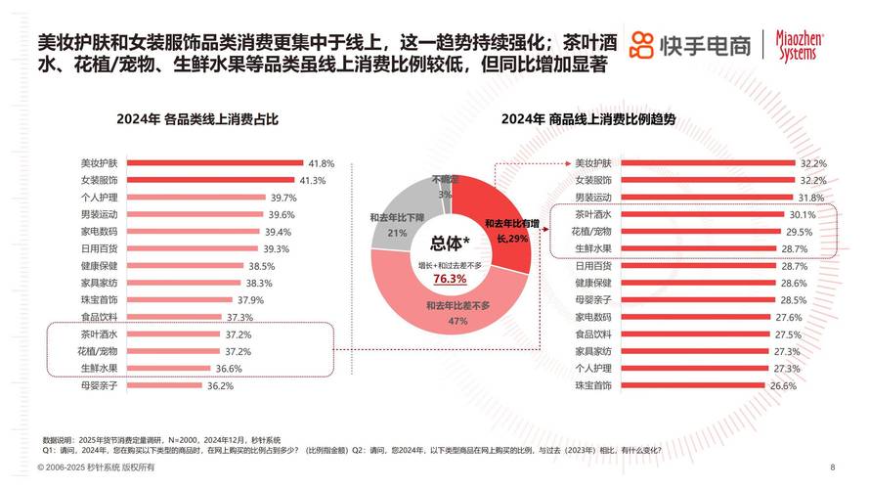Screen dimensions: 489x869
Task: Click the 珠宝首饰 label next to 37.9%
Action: pos(99,299)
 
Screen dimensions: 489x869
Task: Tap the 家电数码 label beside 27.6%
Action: pos(592,317)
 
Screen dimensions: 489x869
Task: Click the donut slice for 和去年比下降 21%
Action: pos(391,220)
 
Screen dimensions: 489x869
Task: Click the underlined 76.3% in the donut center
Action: pos(450,279)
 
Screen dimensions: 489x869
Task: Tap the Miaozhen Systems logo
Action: pos(801,44)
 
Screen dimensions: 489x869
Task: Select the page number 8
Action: pos(832,467)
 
